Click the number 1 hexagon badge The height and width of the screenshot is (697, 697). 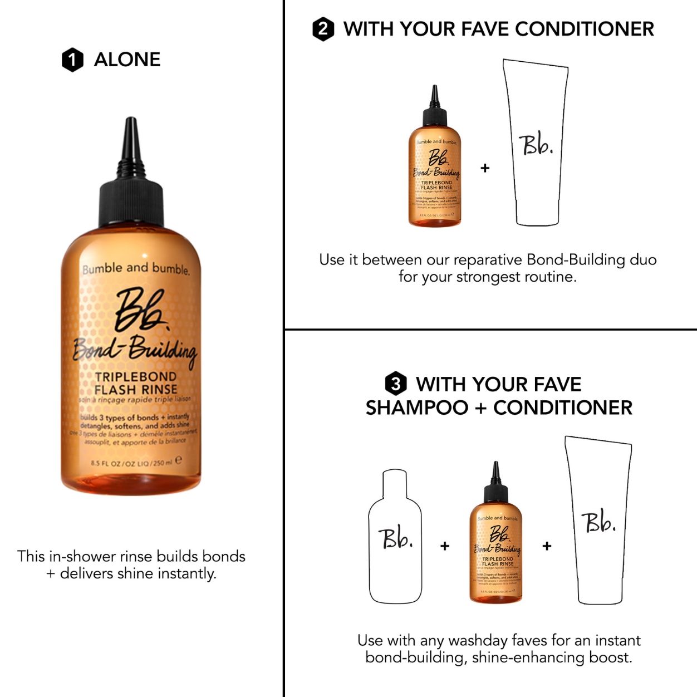click(72, 60)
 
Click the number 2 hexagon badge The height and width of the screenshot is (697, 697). click(323, 29)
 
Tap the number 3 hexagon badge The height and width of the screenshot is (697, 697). click(395, 384)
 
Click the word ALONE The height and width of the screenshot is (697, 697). click(127, 60)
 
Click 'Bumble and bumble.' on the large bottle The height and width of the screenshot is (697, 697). click(136, 269)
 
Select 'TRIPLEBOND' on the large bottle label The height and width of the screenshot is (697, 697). click(136, 377)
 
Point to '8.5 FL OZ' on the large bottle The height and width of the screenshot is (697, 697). click(106, 463)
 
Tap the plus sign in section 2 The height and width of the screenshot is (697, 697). click(485, 168)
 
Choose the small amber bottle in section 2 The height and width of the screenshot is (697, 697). click(435, 167)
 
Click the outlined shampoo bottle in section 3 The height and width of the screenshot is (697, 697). click(395, 537)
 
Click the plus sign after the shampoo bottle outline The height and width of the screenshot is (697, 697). click(445, 546)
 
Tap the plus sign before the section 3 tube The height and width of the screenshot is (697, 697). click(547, 546)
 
